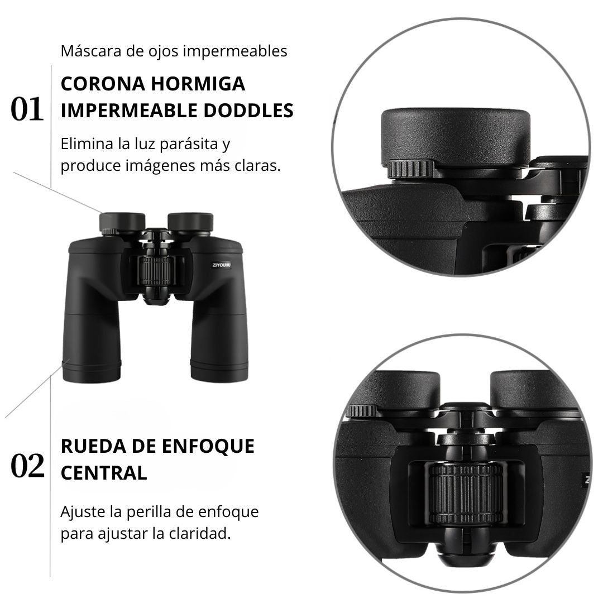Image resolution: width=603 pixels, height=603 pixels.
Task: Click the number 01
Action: [x=27, y=109]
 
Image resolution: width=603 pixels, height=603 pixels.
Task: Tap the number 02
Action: [x=27, y=466]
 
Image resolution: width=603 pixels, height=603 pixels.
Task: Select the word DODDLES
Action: [x=248, y=111]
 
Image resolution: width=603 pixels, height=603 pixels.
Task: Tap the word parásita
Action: [x=189, y=144]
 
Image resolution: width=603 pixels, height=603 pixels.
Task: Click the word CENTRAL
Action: [x=104, y=473]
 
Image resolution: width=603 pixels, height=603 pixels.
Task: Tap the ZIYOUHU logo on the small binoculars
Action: [x=222, y=265]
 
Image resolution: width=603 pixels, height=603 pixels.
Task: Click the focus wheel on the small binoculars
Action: [x=156, y=271]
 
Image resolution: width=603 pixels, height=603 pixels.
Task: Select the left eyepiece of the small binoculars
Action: [x=122, y=222]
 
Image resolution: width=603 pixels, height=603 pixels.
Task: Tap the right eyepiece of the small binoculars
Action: [x=190, y=222]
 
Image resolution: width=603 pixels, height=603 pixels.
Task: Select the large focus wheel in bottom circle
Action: [x=466, y=494]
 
